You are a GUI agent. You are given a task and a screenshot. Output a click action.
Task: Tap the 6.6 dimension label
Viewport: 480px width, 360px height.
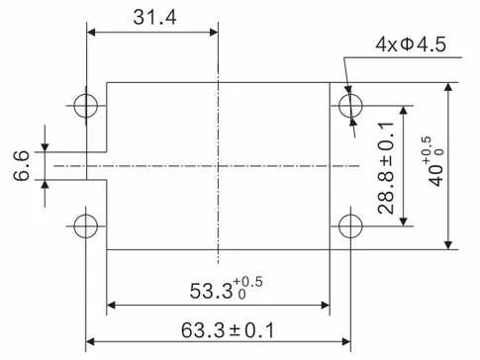click(21, 164)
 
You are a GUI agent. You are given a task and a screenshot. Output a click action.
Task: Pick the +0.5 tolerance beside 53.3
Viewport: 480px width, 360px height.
click(250, 283)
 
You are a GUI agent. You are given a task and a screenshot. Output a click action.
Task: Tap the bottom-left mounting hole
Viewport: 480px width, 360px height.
click(86, 225)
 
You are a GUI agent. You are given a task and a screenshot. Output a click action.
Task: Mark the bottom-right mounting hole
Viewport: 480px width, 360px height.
click(349, 225)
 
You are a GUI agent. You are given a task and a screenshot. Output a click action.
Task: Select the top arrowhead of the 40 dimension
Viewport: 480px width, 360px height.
click(449, 88)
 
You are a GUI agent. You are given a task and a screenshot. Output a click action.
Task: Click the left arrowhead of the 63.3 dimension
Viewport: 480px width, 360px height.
click(92, 342)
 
